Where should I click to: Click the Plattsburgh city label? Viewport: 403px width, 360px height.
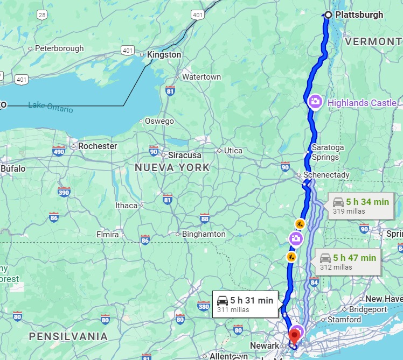tap(359, 15)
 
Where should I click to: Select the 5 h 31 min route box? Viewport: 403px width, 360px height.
tap(246, 304)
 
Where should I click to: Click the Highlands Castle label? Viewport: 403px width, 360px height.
tap(362, 102)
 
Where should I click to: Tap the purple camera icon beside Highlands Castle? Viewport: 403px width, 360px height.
tap(316, 101)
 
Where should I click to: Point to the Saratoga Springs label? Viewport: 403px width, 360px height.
tap(325, 152)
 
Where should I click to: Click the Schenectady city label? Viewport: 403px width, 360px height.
tap(326, 175)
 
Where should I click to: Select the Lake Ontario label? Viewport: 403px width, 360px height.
tap(50, 106)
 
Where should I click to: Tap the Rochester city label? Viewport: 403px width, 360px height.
tap(98, 146)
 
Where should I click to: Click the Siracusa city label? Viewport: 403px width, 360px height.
tap(185, 155)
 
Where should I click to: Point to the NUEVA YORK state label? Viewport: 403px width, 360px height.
tap(172, 167)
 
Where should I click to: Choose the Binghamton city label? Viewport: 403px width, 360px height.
tap(204, 234)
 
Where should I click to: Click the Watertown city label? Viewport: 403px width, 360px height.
tap(201, 77)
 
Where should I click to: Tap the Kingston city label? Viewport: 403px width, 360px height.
tap(164, 55)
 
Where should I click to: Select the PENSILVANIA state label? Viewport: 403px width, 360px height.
tap(68, 336)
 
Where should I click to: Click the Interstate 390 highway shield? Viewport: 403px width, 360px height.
tap(64, 192)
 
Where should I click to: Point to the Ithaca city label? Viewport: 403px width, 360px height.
tap(126, 206)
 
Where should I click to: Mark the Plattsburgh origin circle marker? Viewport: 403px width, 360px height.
tap(328, 15)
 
